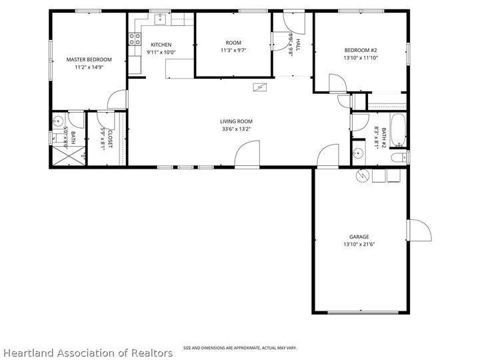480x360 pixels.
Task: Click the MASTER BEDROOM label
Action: pyautogui.click(x=89, y=59)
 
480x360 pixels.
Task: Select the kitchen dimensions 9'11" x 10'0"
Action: pyautogui.click(x=161, y=52)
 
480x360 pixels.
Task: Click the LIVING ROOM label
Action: pyautogui.click(x=237, y=121)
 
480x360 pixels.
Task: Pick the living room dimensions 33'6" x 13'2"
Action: pyautogui.click(x=237, y=129)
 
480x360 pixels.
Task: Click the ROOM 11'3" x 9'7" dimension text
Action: pyautogui.click(x=233, y=51)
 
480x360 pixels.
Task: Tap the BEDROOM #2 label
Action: pyautogui.click(x=361, y=50)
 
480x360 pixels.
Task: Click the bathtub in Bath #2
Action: pyautogui.click(x=397, y=131)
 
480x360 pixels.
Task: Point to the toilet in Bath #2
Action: pyautogui.click(x=398, y=157)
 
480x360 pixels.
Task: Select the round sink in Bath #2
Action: pyautogui.click(x=359, y=153)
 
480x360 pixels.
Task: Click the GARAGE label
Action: pyautogui.click(x=359, y=237)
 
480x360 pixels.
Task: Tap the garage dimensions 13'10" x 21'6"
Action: pyautogui.click(x=359, y=245)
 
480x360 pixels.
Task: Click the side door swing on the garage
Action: pyautogui.click(x=418, y=231)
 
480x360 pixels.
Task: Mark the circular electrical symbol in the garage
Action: pyautogui.click(x=362, y=176)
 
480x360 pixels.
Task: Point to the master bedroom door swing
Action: pyautogui.click(x=117, y=101)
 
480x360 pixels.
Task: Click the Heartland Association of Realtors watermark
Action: pyautogui.click(x=88, y=352)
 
